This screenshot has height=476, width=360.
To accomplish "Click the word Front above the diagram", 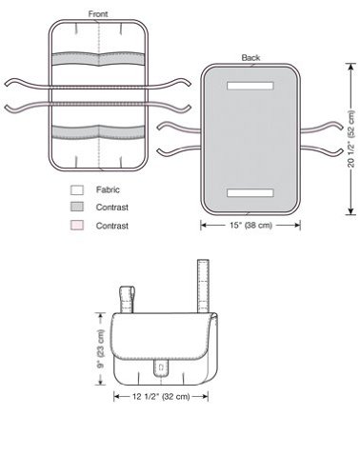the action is click(98, 14).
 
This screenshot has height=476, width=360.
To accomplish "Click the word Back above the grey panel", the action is click(250, 58).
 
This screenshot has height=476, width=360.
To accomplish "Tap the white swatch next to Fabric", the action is click(77, 190).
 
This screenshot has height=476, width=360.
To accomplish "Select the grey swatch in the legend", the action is click(77, 207).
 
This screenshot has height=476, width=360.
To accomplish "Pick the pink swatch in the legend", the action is click(77, 226).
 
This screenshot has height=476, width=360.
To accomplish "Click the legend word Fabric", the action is click(108, 189).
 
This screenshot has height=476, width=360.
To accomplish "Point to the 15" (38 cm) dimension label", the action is click(250, 226).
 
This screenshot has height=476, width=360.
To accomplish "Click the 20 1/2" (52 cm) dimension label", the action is click(350, 139).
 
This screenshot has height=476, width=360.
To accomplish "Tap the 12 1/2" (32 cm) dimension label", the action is click(161, 397).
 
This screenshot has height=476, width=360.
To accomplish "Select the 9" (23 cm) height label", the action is click(101, 348).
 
